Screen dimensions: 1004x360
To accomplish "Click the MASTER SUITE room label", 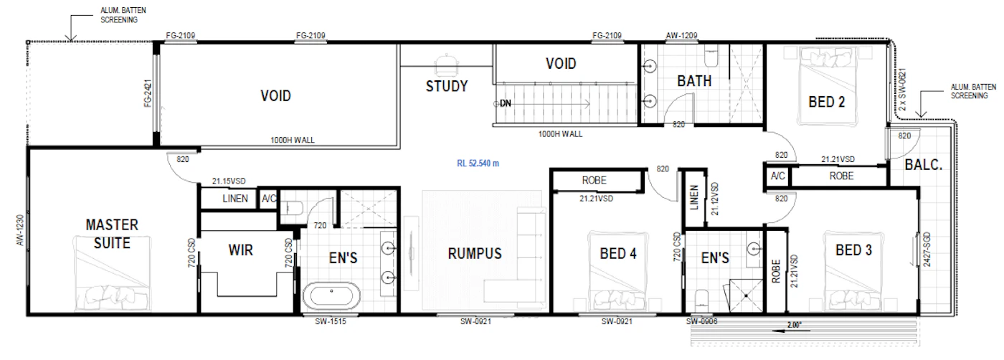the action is coord(112,234).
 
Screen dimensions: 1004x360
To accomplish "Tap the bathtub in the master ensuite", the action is coord(331,296).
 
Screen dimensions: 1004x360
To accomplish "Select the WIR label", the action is coord(241,250).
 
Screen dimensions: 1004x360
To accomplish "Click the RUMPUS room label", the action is coord(475,253).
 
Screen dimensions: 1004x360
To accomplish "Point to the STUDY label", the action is coord(446,86).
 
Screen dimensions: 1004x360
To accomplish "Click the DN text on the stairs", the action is coord(505,103).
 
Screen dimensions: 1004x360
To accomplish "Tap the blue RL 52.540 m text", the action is coord(478,164).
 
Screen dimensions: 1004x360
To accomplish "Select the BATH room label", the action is coord(694,81).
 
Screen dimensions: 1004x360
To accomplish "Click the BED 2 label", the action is coord(826,102).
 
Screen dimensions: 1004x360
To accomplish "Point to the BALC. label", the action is coord(924,164).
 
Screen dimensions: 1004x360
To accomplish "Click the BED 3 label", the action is coord(853,250).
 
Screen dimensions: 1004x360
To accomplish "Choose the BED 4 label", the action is coord(618,253).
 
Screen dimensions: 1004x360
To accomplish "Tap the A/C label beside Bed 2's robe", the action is coord(777,176).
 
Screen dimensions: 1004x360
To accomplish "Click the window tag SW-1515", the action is coord(331,321).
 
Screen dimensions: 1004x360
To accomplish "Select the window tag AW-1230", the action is coord(20,230).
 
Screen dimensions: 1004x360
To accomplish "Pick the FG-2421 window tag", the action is coord(148,93).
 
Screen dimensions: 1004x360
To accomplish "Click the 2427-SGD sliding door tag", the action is coord(927,250).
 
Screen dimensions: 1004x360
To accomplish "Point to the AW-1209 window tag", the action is coord(681,35).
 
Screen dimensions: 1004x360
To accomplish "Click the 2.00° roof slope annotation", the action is coord(795,325).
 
